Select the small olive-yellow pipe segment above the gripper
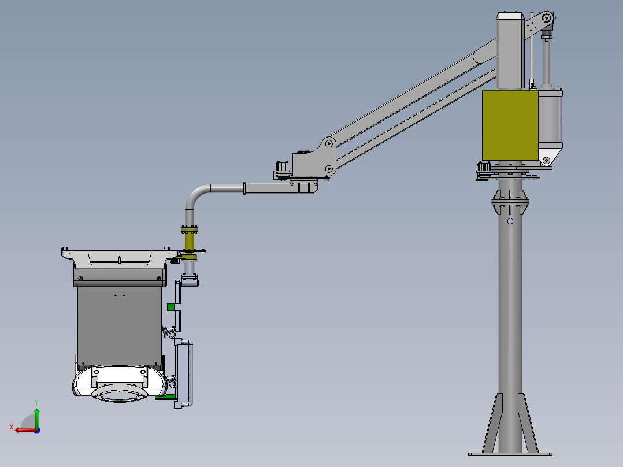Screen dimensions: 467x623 (190, 239)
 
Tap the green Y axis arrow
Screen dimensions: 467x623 (36, 416)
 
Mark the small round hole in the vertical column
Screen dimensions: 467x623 (510, 221)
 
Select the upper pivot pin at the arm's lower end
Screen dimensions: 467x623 (328, 142)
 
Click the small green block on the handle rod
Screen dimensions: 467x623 (170, 307)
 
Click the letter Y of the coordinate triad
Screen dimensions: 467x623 (36, 401)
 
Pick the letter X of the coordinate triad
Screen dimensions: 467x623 (11, 427)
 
